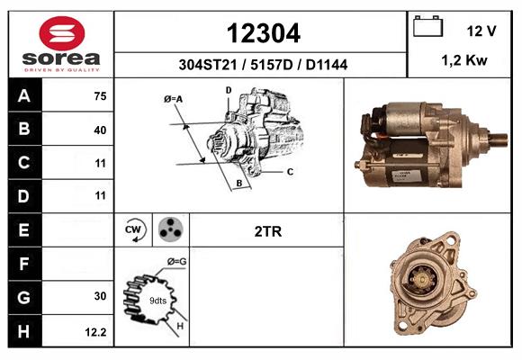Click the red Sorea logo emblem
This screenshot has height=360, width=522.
pyautogui.click(x=62, y=33)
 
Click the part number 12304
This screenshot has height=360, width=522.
pyautogui.click(x=264, y=33)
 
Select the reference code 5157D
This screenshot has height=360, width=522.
pyautogui.click(x=271, y=65)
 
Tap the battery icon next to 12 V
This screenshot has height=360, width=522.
pyautogui.click(x=427, y=26)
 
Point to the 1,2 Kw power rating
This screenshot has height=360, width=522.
pyautogui.click(x=464, y=60)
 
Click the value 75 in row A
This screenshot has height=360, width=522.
pyautogui.click(x=100, y=96)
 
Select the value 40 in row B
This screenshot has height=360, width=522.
pyautogui.click(x=100, y=130)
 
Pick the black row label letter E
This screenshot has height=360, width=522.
pyautogui.click(x=23, y=230)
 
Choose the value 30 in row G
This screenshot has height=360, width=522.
pyautogui.click(x=100, y=296)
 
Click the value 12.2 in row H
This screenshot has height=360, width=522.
pyautogui.click(x=96, y=332)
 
